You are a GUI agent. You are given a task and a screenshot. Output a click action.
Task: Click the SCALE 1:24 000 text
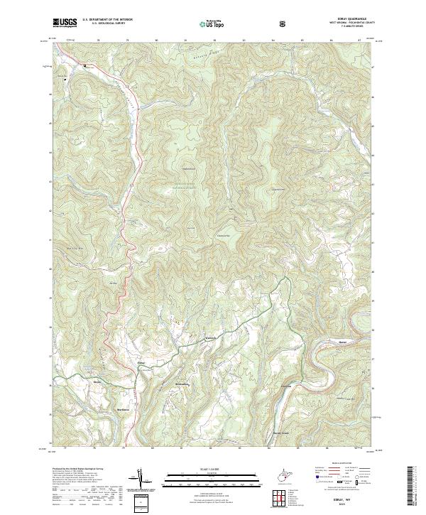(x=212, y=470)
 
